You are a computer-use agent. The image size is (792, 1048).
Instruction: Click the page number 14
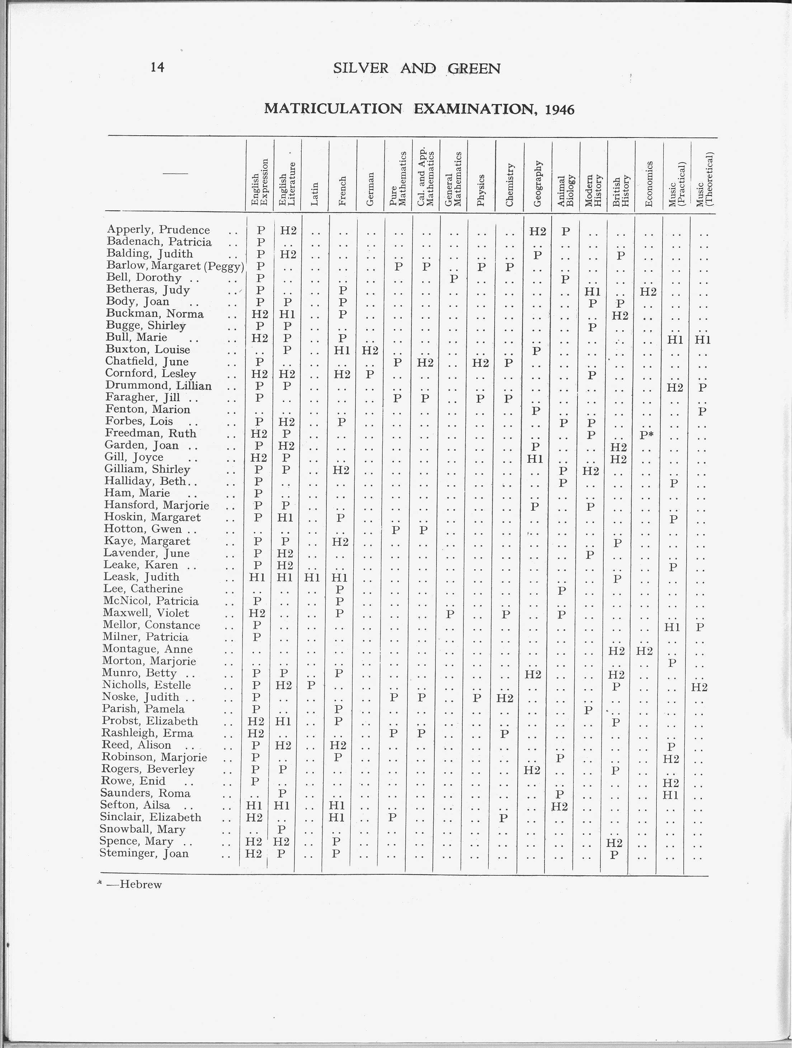pos(157,68)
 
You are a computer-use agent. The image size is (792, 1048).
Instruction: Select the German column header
pos(371,188)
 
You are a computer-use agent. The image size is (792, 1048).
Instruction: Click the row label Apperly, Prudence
pos(158,230)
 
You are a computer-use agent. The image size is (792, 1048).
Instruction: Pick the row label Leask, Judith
pos(142,577)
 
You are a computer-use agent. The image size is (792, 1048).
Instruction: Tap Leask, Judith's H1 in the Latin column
pos(312,577)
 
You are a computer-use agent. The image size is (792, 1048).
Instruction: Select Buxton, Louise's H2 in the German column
pos(370,350)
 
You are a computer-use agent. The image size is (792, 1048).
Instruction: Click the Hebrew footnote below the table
pos(140,885)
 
